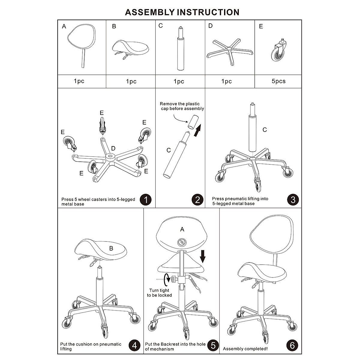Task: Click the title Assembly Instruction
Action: click(x=182, y=12)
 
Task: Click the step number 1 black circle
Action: click(x=145, y=200)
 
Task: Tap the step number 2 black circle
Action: click(x=197, y=200)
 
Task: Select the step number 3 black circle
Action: click(x=293, y=200)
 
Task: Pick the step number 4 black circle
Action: click(x=134, y=346)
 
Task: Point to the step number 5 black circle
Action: click(x=213, y=346)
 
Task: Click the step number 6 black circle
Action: click(x=292, y=346)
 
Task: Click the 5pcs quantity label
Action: click(x=278, y=81)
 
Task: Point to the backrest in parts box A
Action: click(x=81, y=39)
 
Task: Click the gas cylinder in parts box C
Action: click(x=180, y=49)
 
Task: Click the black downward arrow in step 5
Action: click(x=203, y=256)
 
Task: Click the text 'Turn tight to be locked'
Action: click(x=159, y=293)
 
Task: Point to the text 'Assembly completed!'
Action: click(x=245, y=349)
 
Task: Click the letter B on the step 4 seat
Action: click(x=111, y=248)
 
